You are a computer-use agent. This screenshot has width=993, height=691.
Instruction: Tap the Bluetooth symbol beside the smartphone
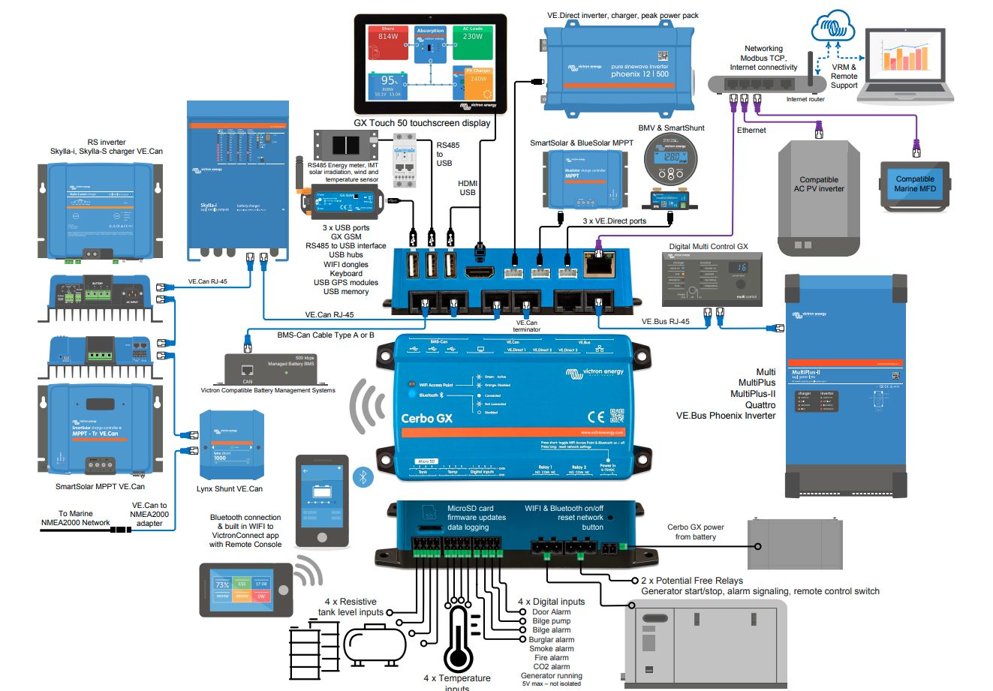[x=364, y=477]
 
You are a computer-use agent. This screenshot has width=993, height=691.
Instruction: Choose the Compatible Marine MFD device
[x=914, y=185]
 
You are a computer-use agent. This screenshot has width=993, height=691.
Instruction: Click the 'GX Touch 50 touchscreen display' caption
[x=422, y=123]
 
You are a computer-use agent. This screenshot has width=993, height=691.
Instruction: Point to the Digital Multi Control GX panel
[x=706, y=278]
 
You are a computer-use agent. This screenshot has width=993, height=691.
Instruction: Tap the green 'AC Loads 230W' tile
[x=472, y=42]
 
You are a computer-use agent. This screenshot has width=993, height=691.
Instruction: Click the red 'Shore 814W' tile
[x=387, y=42]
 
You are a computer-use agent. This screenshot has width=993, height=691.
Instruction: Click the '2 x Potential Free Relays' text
[x=691, y=581]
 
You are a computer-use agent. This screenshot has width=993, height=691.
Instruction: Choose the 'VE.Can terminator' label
[x=525, y=326]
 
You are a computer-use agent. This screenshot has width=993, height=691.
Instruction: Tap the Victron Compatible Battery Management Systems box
[x=269, y=369]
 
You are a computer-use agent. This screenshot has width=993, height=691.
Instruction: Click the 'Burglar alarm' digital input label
[x=551, y=640]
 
